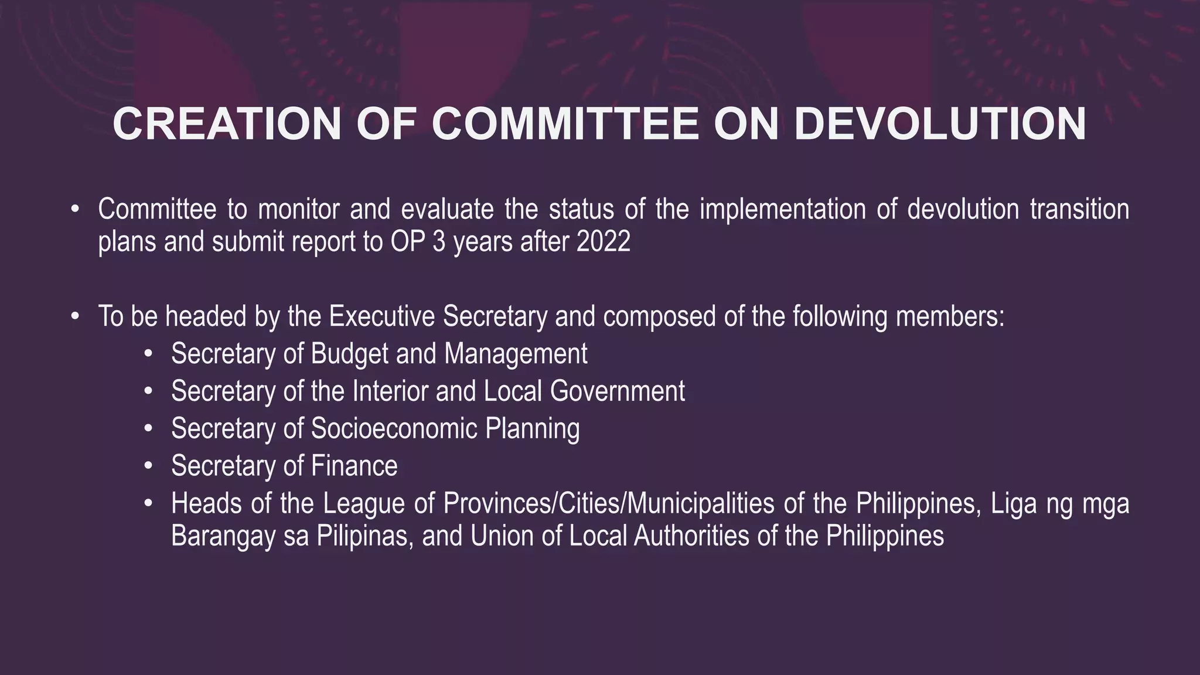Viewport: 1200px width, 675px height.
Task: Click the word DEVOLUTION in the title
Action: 939,124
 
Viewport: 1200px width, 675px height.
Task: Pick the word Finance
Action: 354,466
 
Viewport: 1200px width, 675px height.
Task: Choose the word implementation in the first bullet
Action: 782,209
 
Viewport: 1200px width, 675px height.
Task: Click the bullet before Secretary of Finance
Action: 148,466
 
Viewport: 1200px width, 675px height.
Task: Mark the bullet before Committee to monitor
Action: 74,209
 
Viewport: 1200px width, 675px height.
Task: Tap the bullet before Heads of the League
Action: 148,503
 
